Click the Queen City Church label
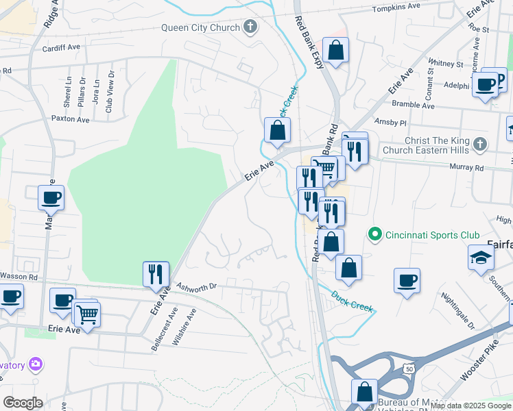click(200, 28)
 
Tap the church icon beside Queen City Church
click(250, 28)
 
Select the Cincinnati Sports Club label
click(432, 235)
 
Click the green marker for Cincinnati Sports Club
click(374, 235)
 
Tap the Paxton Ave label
click(71, 119)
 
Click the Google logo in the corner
click(23, 402)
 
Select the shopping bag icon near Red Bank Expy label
click(335, 51)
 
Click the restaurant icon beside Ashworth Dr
click(155, 275)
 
